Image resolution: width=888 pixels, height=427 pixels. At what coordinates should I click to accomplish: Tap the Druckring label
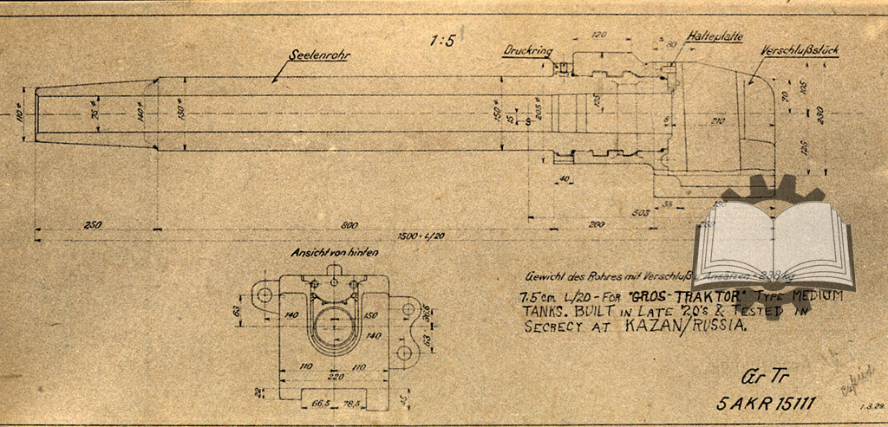tap(528, 51)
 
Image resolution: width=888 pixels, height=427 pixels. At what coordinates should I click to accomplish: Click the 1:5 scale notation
tap(443, 40)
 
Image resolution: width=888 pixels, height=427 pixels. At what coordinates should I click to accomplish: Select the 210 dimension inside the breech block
tap(715, 120)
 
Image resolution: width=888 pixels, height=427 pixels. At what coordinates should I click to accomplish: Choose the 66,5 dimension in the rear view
tap(323, 404)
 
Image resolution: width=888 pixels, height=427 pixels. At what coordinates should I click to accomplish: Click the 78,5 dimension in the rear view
tap(351, 404)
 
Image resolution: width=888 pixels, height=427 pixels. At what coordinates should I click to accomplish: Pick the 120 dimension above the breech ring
tap(598, 36)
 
